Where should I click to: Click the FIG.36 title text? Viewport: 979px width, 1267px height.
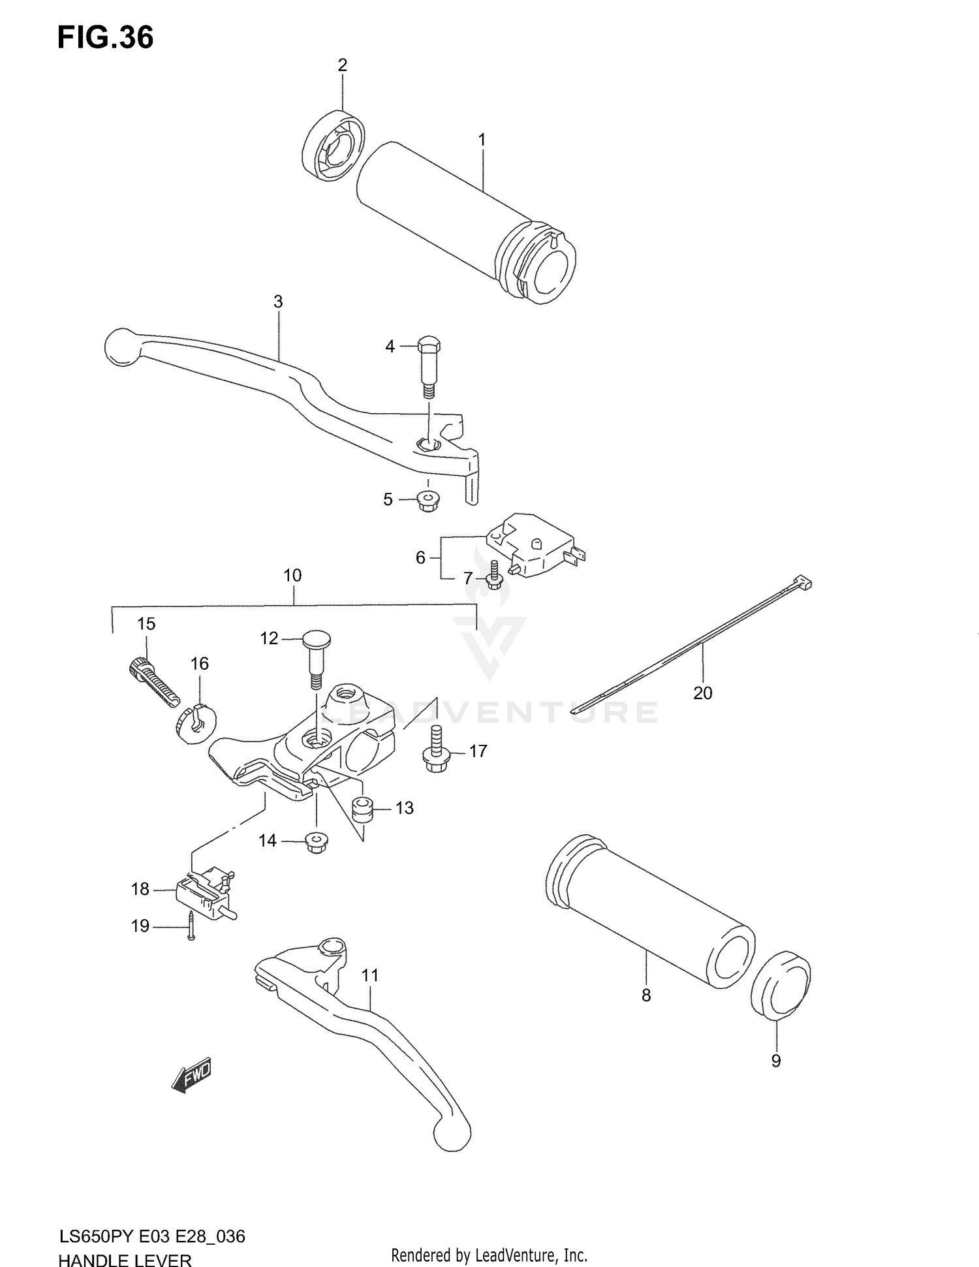[105, 37]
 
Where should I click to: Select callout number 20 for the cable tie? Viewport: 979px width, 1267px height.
[702, 693]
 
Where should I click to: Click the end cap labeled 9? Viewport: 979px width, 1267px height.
[781, 993]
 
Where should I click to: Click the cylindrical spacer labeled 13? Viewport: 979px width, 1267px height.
[362, 809]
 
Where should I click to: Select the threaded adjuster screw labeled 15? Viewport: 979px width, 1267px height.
[154, 681]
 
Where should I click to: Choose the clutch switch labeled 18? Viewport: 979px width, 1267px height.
[204, 890]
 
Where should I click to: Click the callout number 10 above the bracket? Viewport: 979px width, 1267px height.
[292, 575]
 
